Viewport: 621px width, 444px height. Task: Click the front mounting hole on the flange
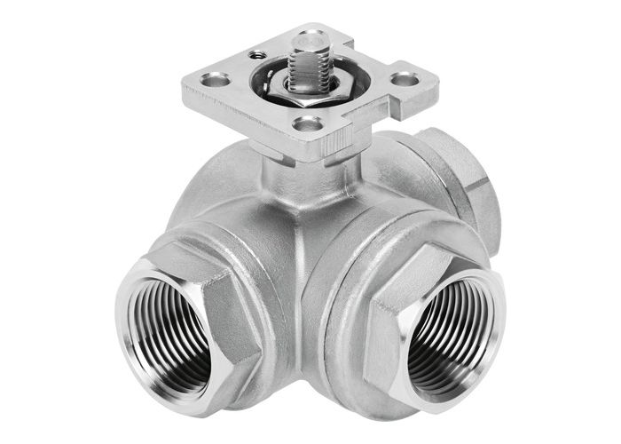click(x=310, y=124)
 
